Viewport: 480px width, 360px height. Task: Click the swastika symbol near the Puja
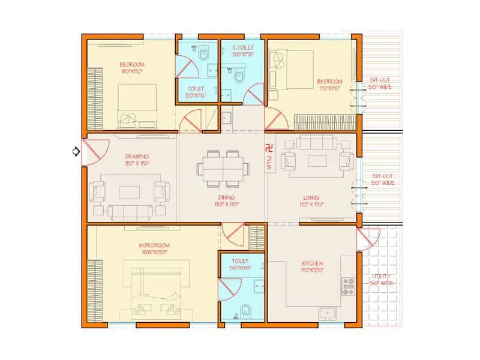[268, 145]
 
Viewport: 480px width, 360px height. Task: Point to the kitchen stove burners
[348, 286]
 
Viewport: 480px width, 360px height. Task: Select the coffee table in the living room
[316, 161]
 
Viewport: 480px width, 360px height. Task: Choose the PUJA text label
[269, 164]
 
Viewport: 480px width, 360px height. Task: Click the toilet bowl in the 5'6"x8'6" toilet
[244, 311]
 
